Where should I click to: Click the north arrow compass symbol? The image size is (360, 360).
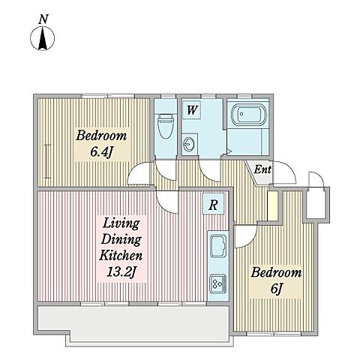point(42,38)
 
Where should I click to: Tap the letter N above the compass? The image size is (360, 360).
point(43,19)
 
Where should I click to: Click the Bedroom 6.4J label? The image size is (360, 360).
point(101,144)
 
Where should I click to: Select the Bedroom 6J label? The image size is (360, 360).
point(276,280)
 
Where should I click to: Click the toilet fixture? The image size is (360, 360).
point(166,126)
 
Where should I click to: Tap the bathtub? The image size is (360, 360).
point(249,115)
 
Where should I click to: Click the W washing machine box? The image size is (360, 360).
point(191,109)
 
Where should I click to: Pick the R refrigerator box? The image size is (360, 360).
point(213,205)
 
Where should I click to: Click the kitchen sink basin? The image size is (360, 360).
point(218,246)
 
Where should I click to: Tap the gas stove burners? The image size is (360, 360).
point(218,283)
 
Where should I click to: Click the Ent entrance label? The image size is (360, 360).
point(262,170)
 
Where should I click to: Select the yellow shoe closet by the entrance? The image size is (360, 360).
point(272,206)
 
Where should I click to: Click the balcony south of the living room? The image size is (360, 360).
point(133,322)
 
